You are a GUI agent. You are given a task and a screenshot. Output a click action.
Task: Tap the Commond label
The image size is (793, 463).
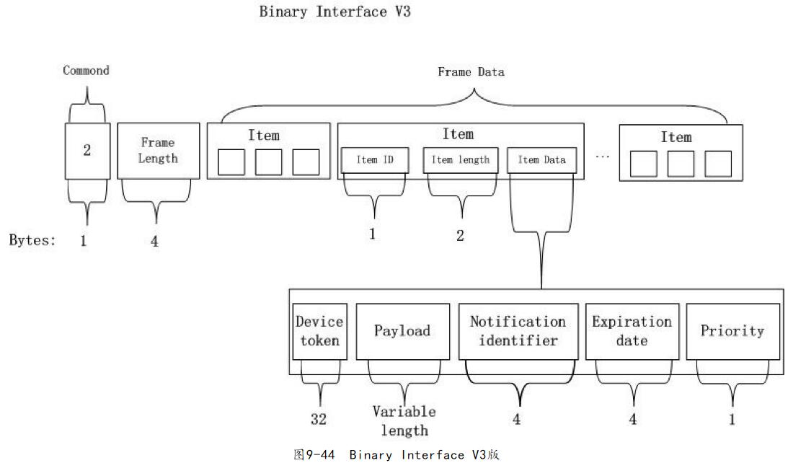pyautogui.click(x=87, y=71)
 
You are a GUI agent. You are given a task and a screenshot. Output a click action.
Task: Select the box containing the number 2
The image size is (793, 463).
pyautogui.click(x=87, y=151)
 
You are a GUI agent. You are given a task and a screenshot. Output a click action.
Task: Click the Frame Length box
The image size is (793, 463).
pyautogui.click(x=157, y=150)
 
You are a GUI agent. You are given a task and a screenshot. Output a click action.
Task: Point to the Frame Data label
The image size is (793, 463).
pyautogui.click(x=471, y=72)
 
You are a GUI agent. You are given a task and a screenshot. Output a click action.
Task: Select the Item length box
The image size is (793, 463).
pyautogui.click(x=460, y=160)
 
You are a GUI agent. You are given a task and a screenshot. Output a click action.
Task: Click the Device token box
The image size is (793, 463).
pyautogui.click(x=319, y=331)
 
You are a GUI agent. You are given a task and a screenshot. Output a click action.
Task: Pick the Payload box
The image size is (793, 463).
pyautogui.click(x=402, y=331)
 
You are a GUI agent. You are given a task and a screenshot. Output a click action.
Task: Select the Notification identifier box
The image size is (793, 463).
pyautogui.click(x=518, y=331)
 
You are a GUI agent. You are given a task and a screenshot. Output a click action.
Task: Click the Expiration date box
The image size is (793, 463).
pyautogui.click(x=632, y=331)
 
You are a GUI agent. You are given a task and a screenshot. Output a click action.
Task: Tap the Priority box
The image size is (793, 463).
pyautogui.click(x=732, y=331)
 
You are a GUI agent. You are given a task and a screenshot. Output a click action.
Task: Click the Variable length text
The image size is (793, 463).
pyautogui.click(x=404, y=421)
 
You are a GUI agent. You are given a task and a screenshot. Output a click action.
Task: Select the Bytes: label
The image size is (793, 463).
pyautogui.click(x=32, y=240)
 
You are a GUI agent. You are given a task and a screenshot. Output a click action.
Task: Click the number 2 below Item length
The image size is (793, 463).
pyautogui.click(x=461, y=235)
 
